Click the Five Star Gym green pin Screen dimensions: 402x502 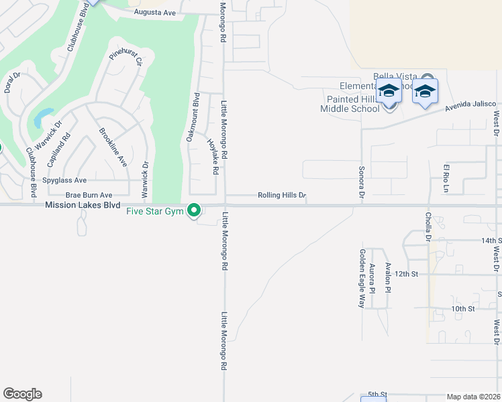click(195, 211)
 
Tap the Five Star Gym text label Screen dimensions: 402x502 click(155, 212)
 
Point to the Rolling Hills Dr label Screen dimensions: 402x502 click(282, 196)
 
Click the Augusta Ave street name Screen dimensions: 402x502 click(154, 12)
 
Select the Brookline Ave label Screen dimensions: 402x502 click(112, 147)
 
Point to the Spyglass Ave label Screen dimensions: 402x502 click(64, 180)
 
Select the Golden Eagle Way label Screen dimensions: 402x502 click(361, 278)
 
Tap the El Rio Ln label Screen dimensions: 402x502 click(445, 178)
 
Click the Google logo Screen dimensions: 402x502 click(22, 394)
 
